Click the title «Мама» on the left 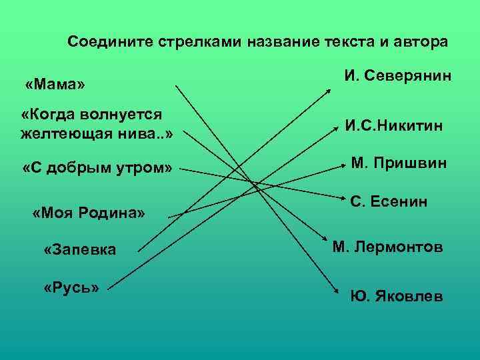(56, 85)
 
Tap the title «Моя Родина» (89, 213)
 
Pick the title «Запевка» (79, 250)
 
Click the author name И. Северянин (398, 76)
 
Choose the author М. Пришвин (399, 163)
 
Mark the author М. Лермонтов (387, 247)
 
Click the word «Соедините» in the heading (111, 42)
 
